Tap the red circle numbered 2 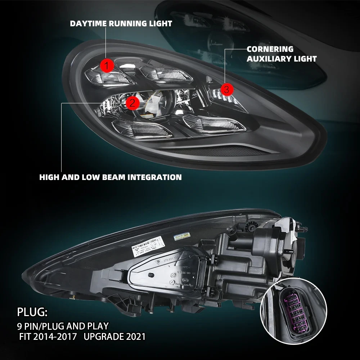(132, 104)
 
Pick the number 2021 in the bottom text (133, 337)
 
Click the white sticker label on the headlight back (152, 245)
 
